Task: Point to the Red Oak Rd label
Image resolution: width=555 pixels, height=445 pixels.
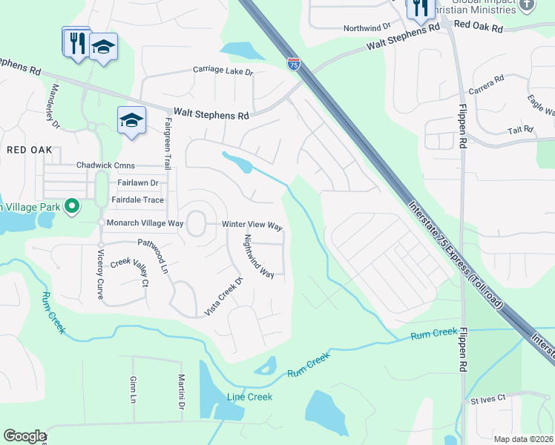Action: [478, 26]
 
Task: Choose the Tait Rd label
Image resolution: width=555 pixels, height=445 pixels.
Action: [521, 130]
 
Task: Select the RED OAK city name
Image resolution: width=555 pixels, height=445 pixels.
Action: [30, 150]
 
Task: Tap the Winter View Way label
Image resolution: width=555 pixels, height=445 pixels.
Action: [252, 225]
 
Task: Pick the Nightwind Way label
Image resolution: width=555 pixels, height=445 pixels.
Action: [259, 256]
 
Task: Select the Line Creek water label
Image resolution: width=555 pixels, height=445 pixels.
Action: [249, 397]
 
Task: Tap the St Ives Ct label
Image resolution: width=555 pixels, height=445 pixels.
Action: [488, 398]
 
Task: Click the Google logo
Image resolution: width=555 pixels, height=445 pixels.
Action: [24, 436]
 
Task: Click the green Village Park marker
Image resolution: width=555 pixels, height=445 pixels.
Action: [71, 205]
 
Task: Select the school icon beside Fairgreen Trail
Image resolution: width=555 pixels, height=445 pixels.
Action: [131, 120]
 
